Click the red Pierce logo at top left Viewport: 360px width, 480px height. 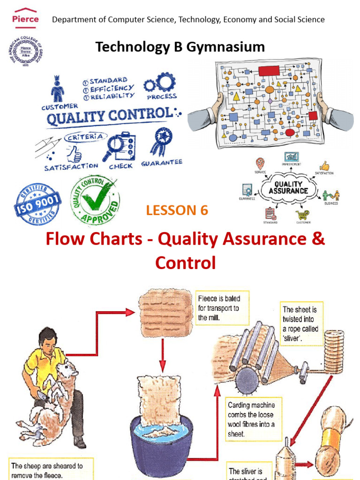tap(25, 18)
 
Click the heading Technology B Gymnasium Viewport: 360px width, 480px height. tap(180, 46)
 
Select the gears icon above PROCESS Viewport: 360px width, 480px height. tap(160, 83)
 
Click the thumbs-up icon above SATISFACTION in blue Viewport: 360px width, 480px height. tap(74, 153)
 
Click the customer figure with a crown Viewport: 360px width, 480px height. tap(58, 89)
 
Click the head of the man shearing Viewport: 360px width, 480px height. tap(48, 339)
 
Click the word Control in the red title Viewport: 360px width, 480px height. tap(186, 263)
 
